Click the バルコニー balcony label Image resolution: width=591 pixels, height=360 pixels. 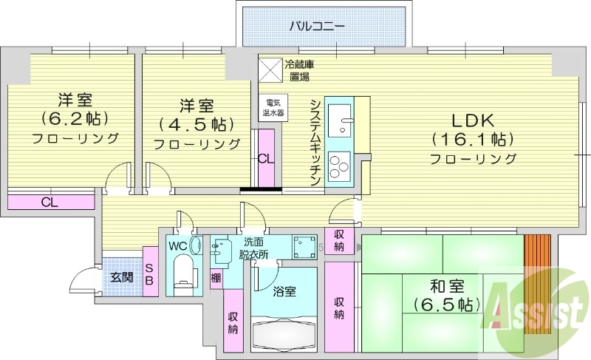pos(316,27)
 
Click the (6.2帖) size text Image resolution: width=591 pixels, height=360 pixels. pos(75,118)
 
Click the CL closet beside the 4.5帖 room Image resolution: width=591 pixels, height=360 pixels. pos(266,158)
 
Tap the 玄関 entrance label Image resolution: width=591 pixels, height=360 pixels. pos(121,278)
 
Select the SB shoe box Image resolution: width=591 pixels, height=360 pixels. pos(148,275)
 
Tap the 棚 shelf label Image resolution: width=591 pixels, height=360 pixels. pos(215,277)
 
